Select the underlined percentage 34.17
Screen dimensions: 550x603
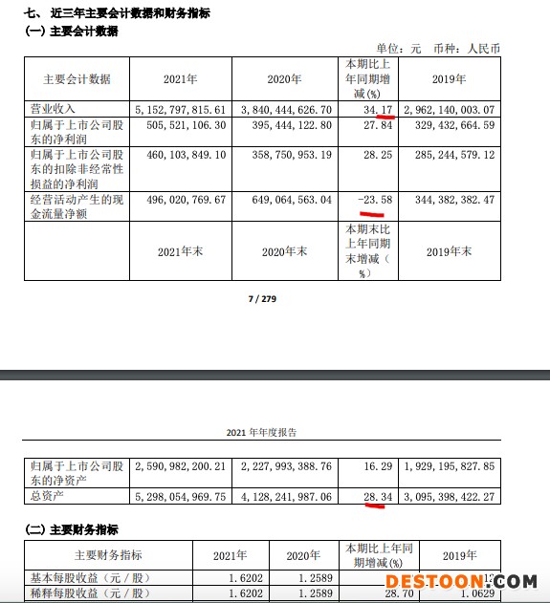366,110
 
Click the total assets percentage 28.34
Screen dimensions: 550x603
366,497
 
